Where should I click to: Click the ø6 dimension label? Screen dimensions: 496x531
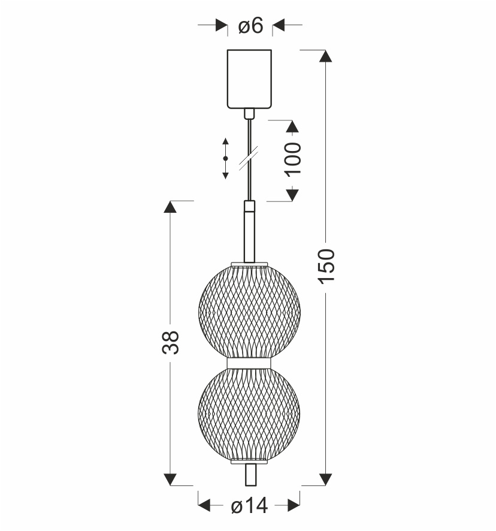pyautogui.click(x=250, y=26)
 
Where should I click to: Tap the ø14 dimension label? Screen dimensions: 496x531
pyautogui.click(x=250, y=506)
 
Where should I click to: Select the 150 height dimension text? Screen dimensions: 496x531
pyautogui.click(x=326, y=266)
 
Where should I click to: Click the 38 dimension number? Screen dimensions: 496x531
pyautogui.click(x=170, y=343)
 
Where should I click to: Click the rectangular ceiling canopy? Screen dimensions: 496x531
pyautogui.click(x=250, y=79)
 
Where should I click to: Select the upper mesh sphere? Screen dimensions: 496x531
pyautogui.click(x=249, y=312)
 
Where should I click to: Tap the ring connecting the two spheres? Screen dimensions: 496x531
pyautogui.click(x=249, y=363)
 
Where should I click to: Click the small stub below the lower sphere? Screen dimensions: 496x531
pyautogui.click(x=250, y=475)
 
